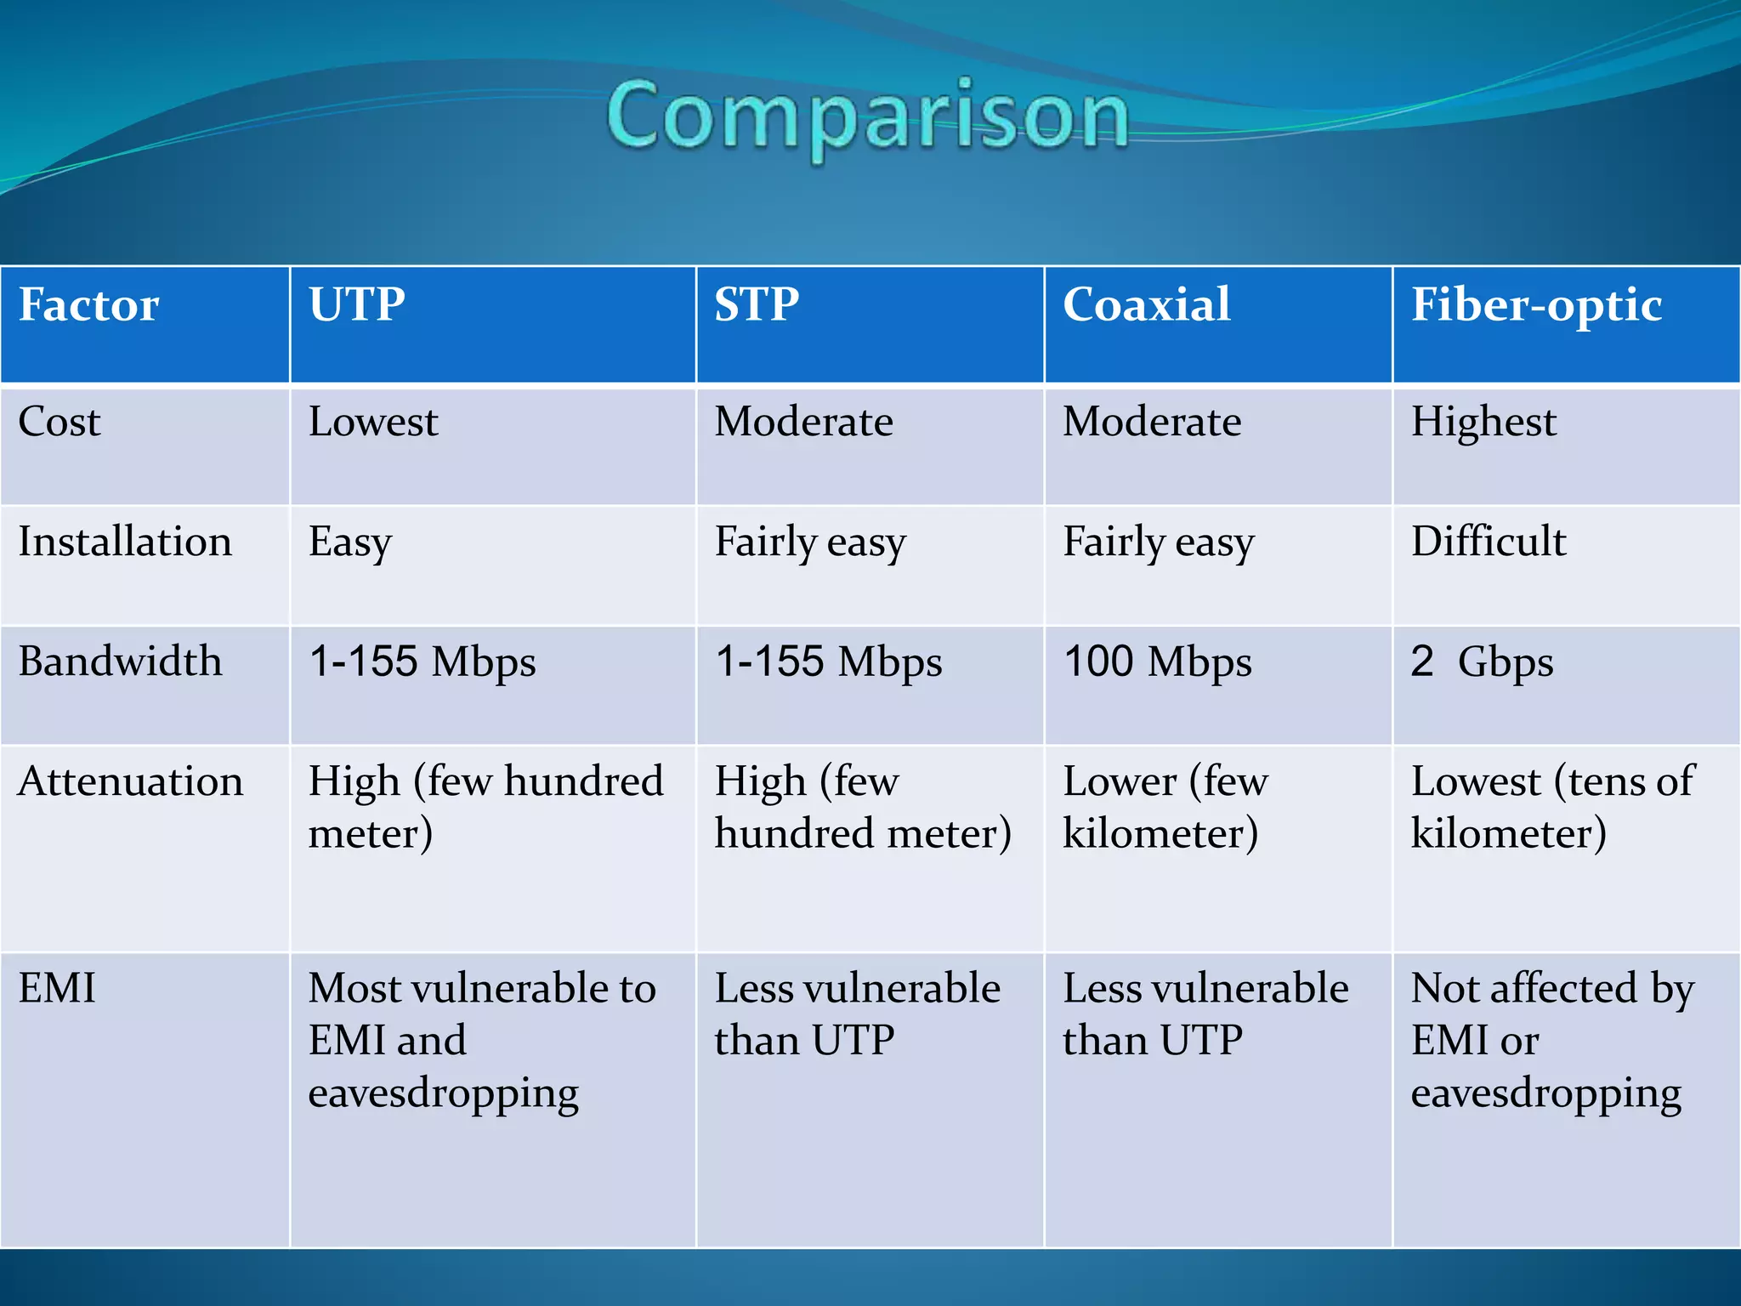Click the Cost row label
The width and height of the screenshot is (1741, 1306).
(x=60, y=422)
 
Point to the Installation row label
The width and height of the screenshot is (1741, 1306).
(x=125, y=542)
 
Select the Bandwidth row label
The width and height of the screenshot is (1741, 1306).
(x=120, y=662)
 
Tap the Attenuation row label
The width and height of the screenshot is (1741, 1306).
(x=130, y=781)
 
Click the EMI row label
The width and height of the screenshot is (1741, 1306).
(x=57, y=988)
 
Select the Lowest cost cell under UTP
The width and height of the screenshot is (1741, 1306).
(x=373, y=422)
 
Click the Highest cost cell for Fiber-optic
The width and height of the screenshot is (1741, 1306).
(x=1483, y=422)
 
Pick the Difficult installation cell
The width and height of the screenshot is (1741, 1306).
(x=1489, y=542)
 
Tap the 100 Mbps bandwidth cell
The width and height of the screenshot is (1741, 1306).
(x=1157, y=662)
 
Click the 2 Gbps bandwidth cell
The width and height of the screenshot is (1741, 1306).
(x=1482, y=662)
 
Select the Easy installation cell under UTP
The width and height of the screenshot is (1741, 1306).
(x=350, y=542)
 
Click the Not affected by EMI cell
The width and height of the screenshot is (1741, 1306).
(x=1551, y=1039)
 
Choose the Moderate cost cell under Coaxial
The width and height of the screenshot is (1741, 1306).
(x=1152, y=422)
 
